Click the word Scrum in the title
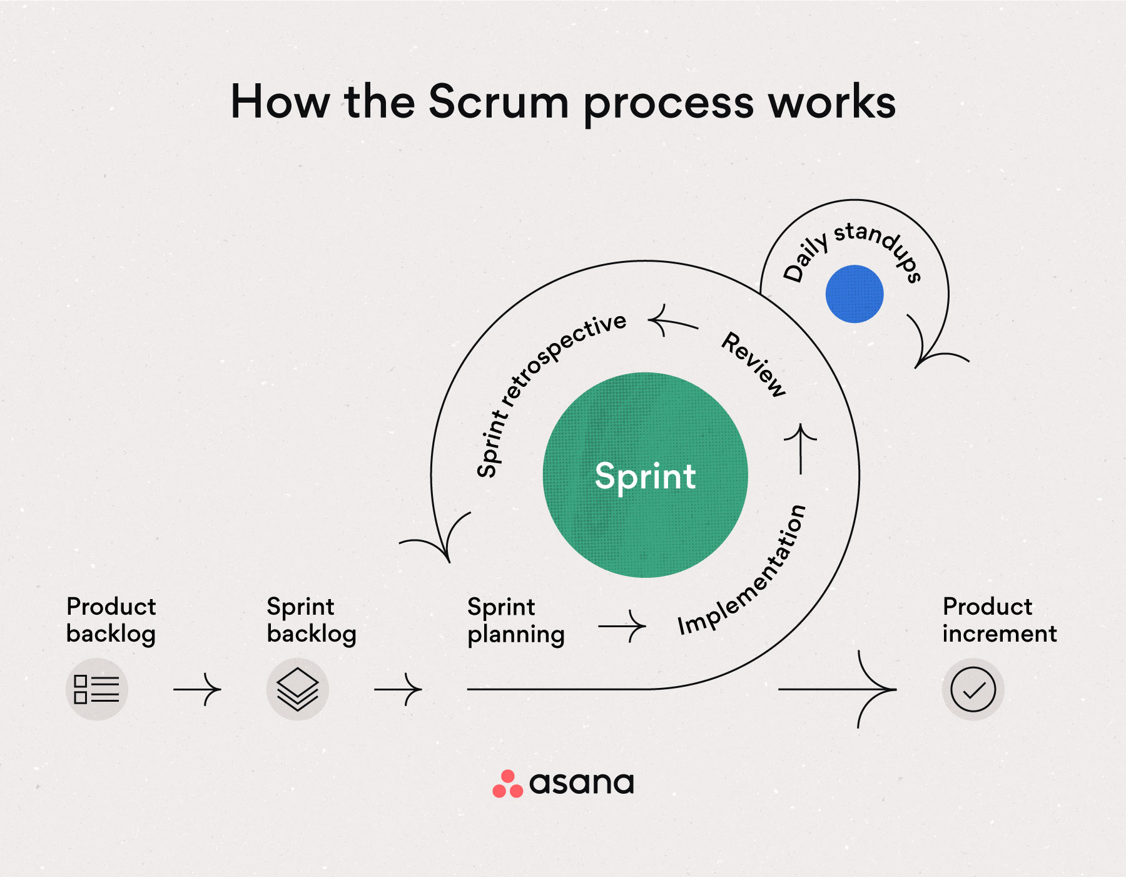[x=499, y=102]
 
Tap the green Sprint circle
[x=645, y=475]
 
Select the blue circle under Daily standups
[x=854, y=294]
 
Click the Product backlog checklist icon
[x=97, y=689]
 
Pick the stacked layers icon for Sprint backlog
[x=298, y=689]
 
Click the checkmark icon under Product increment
[x=973, y=689]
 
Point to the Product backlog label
[x=111, y=620]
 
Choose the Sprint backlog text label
[x=311, y=620]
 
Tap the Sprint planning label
[x=515, y=620]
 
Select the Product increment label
[x=999, y=620]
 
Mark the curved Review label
[x=754, y=364]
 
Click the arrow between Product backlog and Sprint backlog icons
[x=197, y=689]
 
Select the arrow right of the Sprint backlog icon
[x=398, y=689]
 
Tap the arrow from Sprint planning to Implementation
[x=622, y=626]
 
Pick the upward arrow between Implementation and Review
[x=801, y=448]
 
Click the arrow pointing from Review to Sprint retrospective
[x=673, y=322]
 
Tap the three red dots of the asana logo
[x=507, y=784]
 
